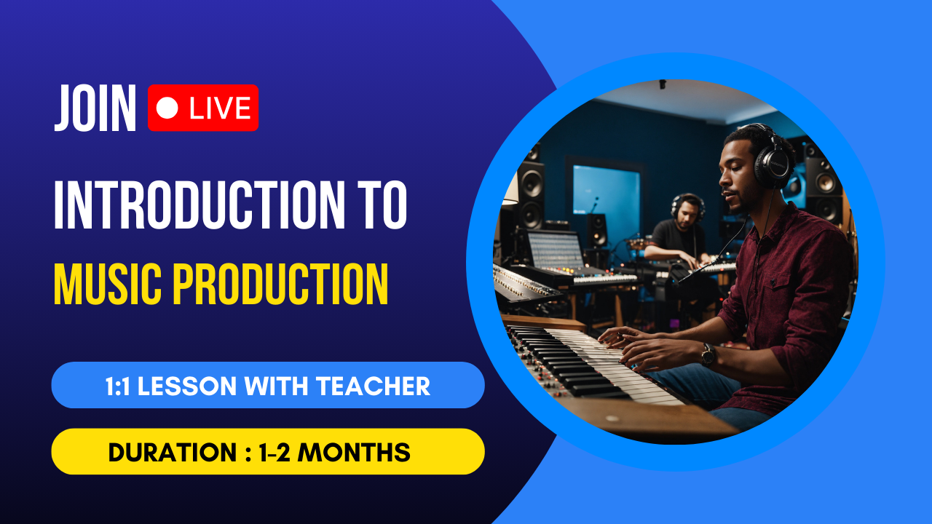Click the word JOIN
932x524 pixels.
95,108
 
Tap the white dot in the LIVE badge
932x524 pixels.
167,108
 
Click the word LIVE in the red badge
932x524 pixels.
220,108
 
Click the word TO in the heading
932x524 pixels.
385,205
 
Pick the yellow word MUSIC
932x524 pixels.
107,284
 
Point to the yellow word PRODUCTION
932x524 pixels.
280,284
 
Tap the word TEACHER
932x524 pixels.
373,386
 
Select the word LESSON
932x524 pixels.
187,386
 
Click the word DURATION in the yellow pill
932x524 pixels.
173,452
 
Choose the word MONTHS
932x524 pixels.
354,452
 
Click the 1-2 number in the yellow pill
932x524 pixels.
275,452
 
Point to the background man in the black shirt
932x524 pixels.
678,233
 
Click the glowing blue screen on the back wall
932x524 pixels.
607,190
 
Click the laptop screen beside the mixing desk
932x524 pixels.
556,250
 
